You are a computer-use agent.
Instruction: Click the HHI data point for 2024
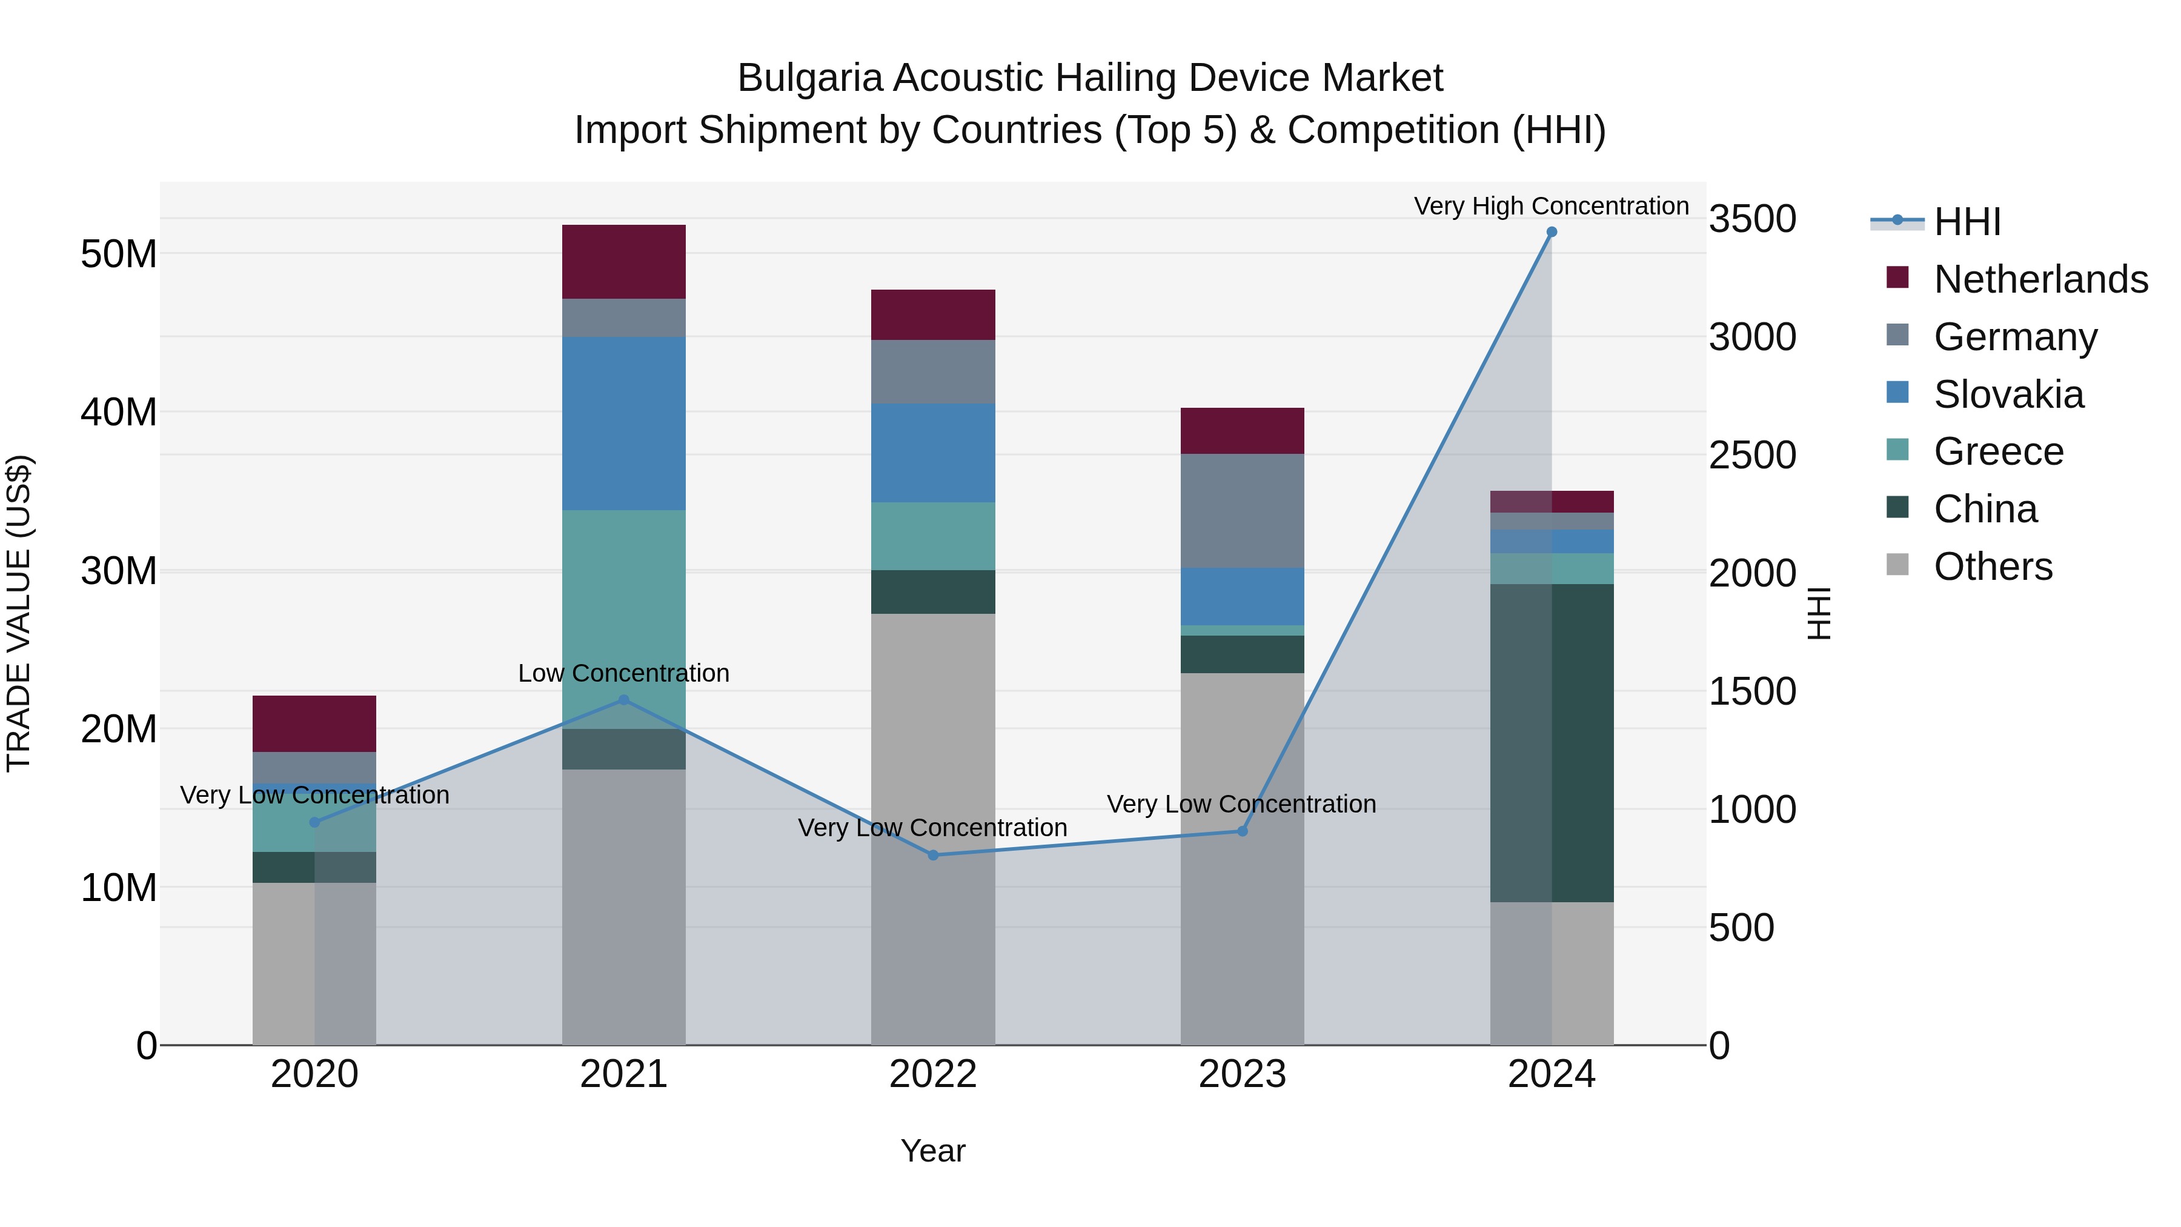click(x=1551, y=232)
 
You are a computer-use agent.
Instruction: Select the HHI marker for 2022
click(x=933, y=855)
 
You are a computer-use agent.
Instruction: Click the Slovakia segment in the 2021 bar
click(x=624, y=424)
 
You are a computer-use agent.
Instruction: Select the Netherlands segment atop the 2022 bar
click(x=933, y=315)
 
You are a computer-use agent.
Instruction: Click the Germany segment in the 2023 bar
click(x=1242, y=511)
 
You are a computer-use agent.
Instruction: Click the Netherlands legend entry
click(x=2040, y=279)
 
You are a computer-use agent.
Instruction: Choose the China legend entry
click(x=1985, y=509)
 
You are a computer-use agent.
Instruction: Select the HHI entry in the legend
click(x=1967, y=222)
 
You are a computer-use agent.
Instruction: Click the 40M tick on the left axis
click(x=119, y=413)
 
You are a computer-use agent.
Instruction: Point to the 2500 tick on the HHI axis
click(x=1751, y=456)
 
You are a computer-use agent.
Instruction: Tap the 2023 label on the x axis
click(x=1242, y=1074)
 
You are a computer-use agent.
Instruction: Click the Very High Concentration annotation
click(x=1551, y=206)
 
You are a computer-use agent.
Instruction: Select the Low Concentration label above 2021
click(x=624, y=673)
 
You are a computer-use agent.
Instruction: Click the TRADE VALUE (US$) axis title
click(x=19, y=613)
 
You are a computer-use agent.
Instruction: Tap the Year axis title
click(x=933, y=1151)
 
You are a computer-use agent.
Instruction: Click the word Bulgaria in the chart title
click(x=809, y=78)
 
